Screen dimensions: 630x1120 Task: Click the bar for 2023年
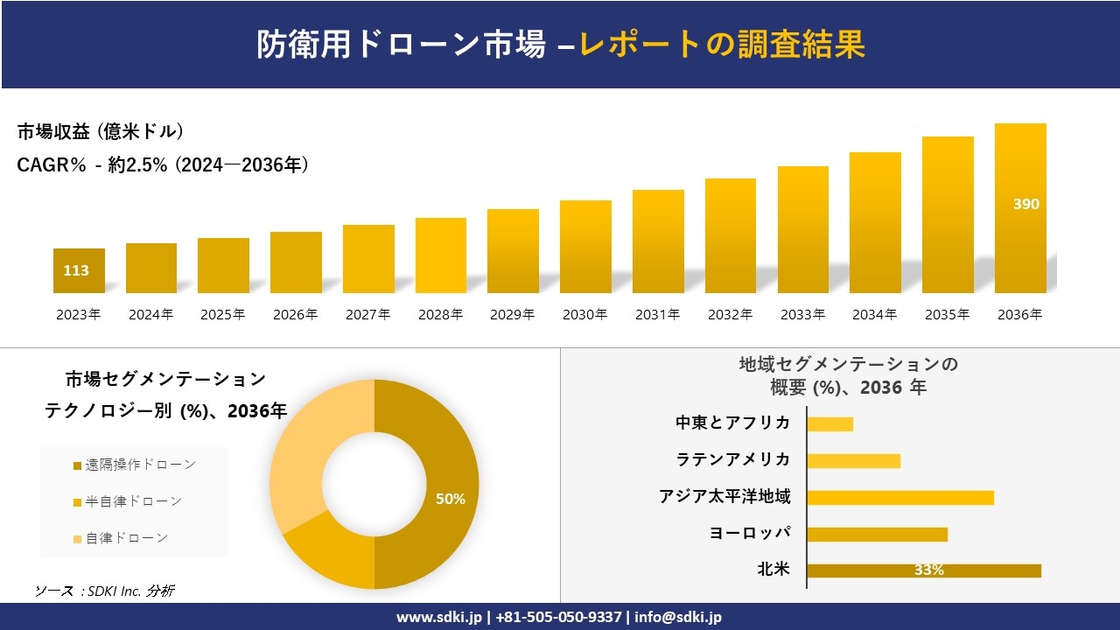[x=79, y=271]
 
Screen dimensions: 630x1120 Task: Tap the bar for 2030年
[x=585, y=247]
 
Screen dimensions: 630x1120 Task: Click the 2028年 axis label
[x=440, y=315]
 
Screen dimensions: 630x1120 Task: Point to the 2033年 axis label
[x=802, y=315]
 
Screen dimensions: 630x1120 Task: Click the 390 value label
[x=1025, y=204]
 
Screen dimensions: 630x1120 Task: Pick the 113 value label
[x=76, y=270]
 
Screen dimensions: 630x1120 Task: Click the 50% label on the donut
[x=450, y=499]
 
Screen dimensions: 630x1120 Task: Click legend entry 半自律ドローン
[x=133, y=501]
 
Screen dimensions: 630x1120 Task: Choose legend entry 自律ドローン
[x=126, y=538]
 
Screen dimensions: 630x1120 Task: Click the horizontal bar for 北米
[x=923, y=570]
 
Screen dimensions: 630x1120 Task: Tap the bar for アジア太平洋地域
[x=899, y=497]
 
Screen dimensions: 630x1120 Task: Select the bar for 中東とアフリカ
[x=829, y=423]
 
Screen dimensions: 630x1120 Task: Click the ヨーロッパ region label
[x=750, y=533]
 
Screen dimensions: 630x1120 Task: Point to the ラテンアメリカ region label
[x=732, y=459]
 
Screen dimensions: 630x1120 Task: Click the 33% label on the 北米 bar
[x=928, y=570]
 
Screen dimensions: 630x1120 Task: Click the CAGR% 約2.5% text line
[x=163, y=164]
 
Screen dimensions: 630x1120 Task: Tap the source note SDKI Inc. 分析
[x=105, y=591]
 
